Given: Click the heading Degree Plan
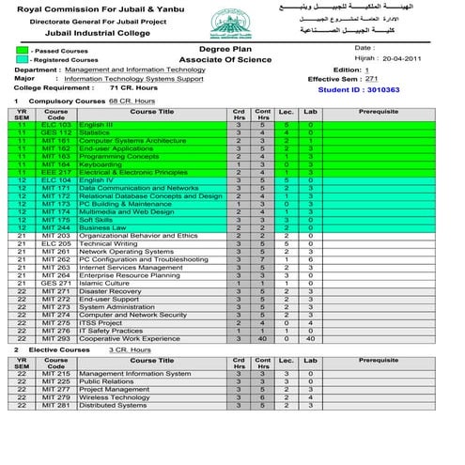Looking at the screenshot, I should point(222,47).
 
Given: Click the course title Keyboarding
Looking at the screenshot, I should point(101,164).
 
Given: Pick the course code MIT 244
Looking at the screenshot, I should point(56,227).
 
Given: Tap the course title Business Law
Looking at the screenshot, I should point(102,227).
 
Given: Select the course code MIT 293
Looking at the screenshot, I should point(56,337).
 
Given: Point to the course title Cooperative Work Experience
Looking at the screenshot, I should point(129,337).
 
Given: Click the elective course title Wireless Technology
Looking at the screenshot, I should point(115,397).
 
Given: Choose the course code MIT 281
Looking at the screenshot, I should point(56,405).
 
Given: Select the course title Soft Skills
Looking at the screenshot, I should point(98,219).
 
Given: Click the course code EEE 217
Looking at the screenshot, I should point(56,172).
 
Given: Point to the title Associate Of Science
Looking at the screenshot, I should point(222,58).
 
